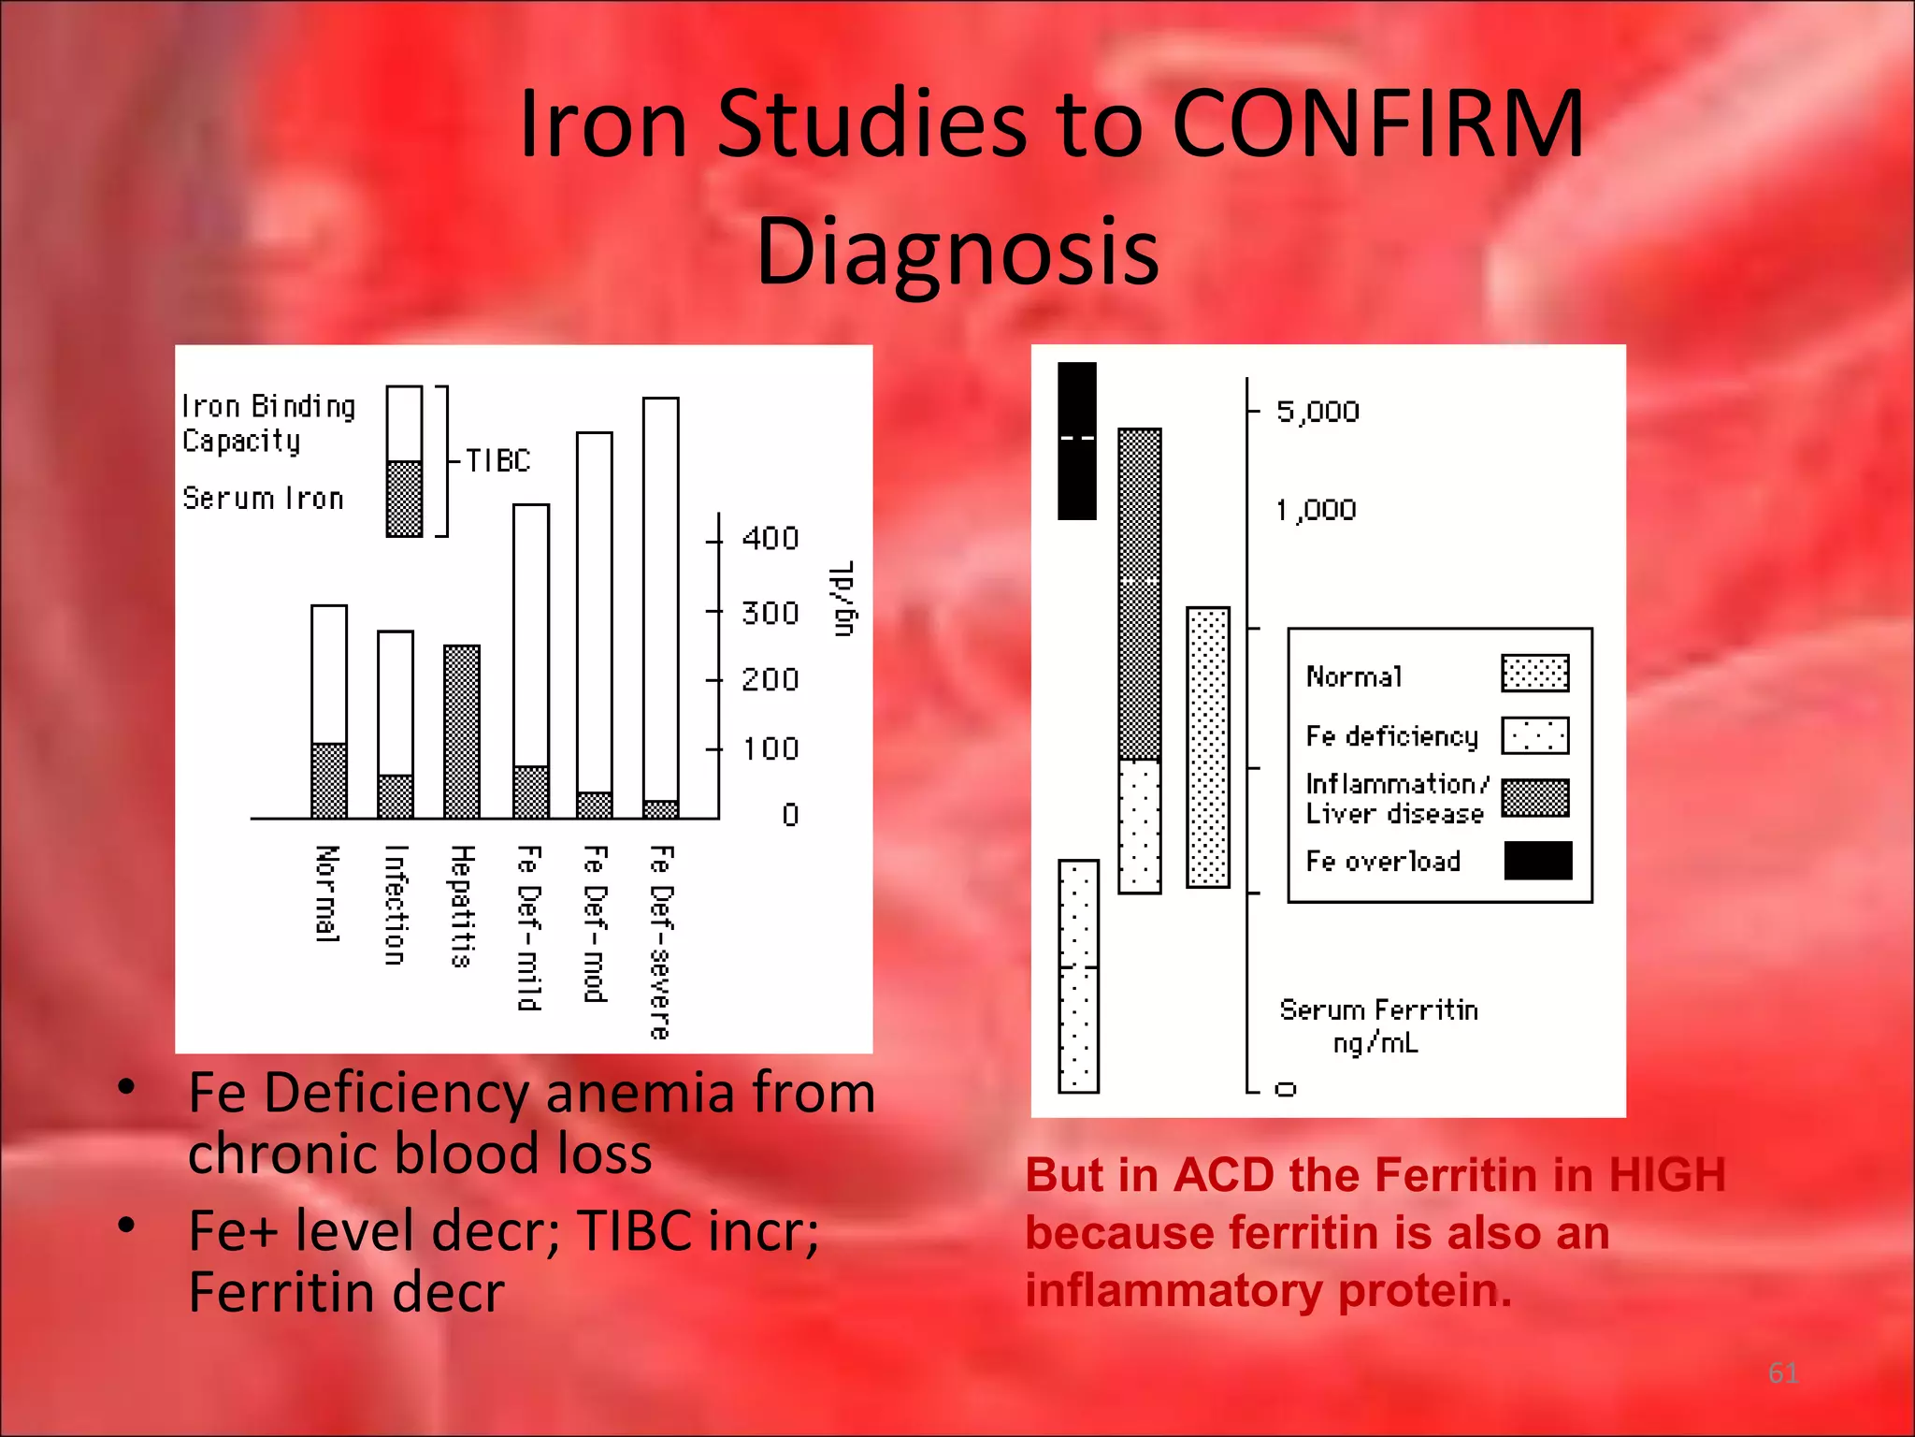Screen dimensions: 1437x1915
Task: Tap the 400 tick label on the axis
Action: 770,539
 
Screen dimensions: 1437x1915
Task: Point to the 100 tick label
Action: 770,749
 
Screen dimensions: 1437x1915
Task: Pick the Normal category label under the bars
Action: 326,893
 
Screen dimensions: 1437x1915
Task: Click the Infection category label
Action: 396,905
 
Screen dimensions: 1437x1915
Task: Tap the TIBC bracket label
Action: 497,460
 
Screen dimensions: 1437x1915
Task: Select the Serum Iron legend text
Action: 263,499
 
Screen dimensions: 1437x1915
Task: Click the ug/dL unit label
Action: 843,600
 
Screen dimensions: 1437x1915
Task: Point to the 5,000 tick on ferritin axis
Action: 1317,412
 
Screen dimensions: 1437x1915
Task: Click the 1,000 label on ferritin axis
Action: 1316,510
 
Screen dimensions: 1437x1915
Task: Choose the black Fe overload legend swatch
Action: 1537,861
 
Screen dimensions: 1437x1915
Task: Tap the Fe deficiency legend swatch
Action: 1534,735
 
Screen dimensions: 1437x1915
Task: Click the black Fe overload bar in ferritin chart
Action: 1076,440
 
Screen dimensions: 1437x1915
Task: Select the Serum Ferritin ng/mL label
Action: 1378,1025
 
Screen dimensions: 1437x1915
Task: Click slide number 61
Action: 1783,1372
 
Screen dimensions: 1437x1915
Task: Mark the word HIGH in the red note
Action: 1666,1175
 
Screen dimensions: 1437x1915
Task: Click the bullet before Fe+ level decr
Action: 127,1226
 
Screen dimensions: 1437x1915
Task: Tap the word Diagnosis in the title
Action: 957,251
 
